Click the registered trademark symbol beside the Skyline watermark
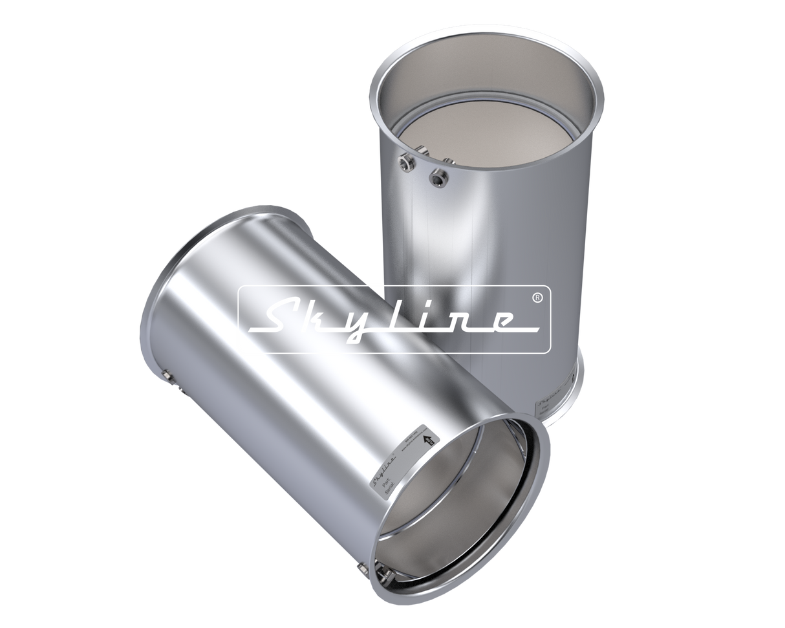[x=536, y=296]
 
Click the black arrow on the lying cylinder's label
[x=427, y=440]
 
